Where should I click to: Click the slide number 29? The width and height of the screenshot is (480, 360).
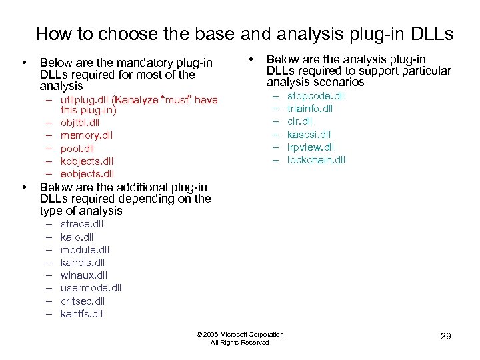[x=446, y=336]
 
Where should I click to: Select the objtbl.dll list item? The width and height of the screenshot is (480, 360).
[x=79, y=123]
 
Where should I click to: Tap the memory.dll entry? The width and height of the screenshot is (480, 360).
[x=87, y=135]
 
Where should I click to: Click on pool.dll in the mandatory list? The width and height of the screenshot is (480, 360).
[x=77, y=148]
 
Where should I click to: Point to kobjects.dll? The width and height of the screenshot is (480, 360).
[x=87, y=161]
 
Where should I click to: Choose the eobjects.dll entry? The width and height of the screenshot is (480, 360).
[x=87, y=174]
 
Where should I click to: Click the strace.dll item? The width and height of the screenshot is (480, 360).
[x=82, y=224]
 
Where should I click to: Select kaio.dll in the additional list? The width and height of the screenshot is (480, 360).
[x=77, y=237]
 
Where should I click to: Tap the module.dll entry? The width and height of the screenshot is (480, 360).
[x=85, y=249]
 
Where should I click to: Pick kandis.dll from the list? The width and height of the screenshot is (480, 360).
[x=83, y=263]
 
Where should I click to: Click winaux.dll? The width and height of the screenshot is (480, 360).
[x=84, y=275]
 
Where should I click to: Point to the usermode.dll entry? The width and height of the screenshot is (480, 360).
[x=91, y=288]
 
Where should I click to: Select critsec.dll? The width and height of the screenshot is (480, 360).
[x=83, y=301]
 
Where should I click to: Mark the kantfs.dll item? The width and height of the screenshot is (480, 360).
[x=81, y=314]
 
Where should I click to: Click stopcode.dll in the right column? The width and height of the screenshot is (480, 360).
[x=315, y=96]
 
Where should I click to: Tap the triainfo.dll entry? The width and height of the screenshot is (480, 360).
[x=309, y=109]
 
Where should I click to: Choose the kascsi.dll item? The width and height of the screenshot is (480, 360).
[x=309, y=135]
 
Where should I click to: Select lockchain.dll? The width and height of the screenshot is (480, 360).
[x=316, y=160]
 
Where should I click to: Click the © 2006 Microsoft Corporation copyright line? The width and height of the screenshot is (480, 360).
[x=240, y=334]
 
